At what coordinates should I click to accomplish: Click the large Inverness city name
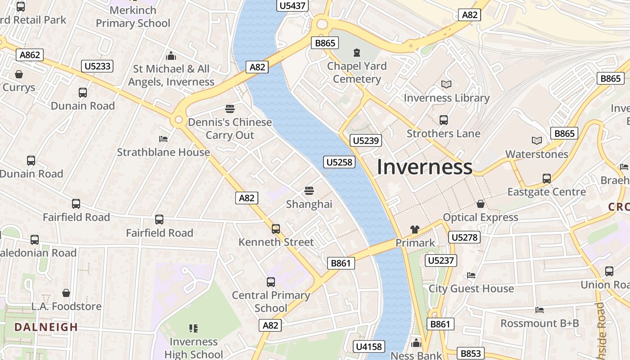click(x=424, y=167)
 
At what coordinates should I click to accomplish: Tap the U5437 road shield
click(x=292, y=6)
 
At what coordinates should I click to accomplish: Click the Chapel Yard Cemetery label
click(x=357, y=72)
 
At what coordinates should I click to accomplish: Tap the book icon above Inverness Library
click(x=446, y=84)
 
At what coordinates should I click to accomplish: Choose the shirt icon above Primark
click(x=415, y=229)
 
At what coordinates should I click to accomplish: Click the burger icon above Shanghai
click(x=309, y=191)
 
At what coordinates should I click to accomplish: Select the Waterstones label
click(x=536, y=154)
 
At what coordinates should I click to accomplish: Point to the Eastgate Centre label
click(x=546, y=192)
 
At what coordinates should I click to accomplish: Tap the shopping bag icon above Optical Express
click(x=481, y=204)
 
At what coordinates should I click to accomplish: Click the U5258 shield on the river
click(x=339, y=162)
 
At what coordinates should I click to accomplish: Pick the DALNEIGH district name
click(x=46, y=327)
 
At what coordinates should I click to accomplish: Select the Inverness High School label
click(x=193, y=348)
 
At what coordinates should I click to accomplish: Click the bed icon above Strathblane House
click(x=163, y=139)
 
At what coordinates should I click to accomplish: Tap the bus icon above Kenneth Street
click(x=276, y=229)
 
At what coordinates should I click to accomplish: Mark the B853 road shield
click(x=471, y=354)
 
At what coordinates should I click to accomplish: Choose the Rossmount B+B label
click(x=540, y=324)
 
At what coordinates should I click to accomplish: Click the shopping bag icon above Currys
click(x=19, y=74)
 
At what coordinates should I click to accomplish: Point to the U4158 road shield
click(x=369, y=346)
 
